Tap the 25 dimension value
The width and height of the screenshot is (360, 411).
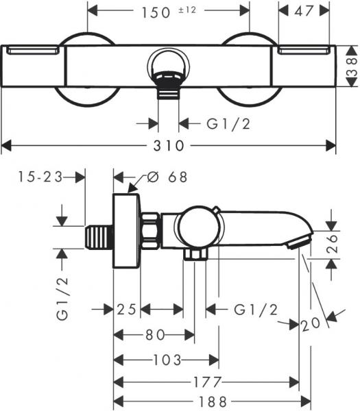coord(127,310)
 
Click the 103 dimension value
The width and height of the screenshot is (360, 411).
coord(167,359)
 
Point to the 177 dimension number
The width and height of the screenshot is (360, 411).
coord(206,382)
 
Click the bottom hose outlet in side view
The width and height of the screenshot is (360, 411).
coord(195,256)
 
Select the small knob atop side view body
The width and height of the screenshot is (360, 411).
coord(215,210)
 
